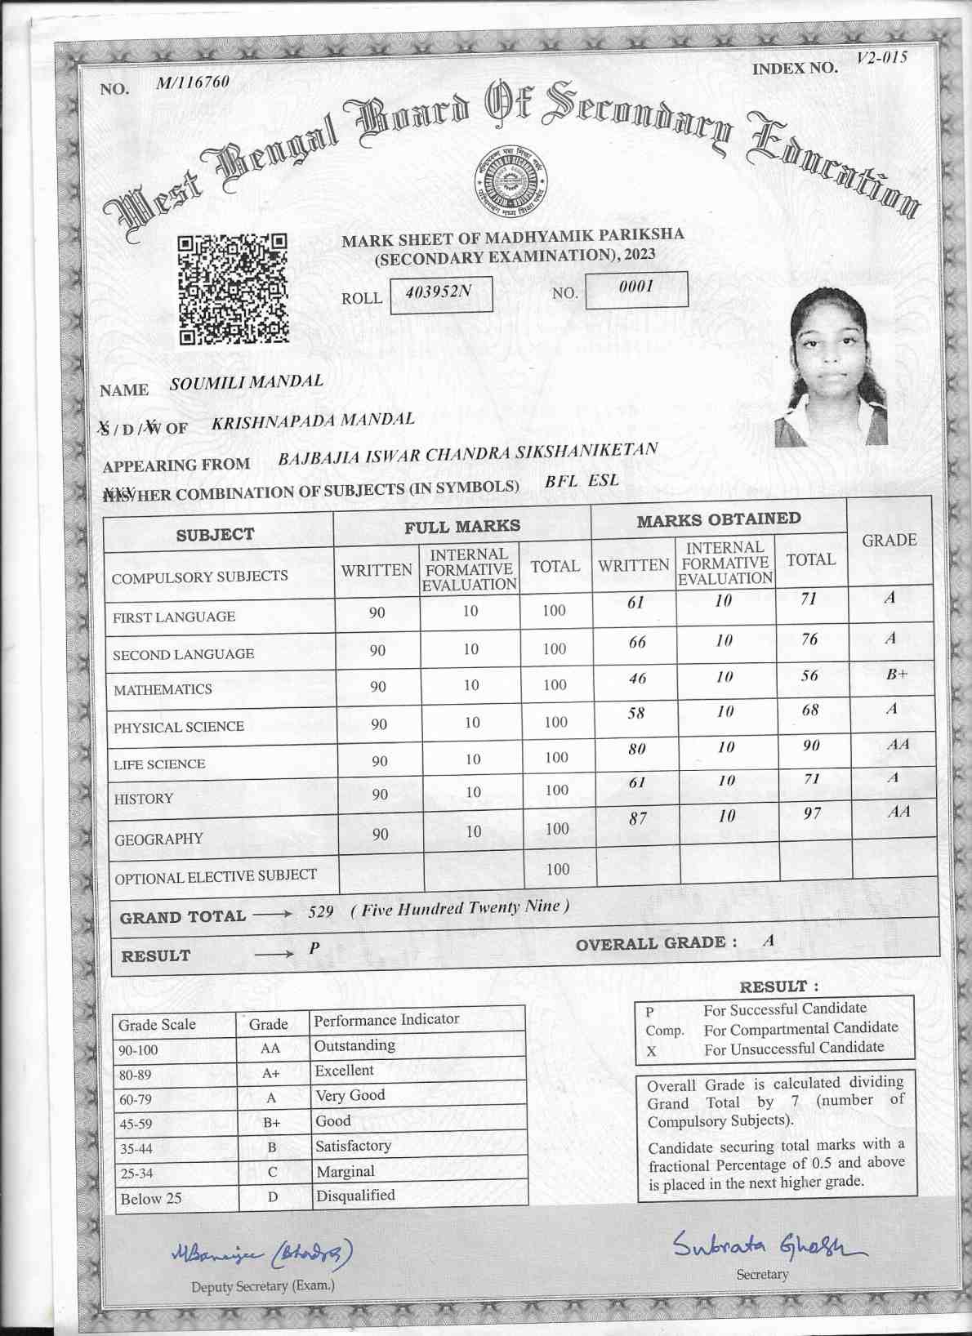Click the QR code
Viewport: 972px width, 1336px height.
pos(233,288)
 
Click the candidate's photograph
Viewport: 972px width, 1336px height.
pos(832,367)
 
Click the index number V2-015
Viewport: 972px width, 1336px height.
pos(881,58)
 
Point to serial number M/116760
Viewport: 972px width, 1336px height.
pos(193,82)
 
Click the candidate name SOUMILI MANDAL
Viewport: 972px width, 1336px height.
pos(247,382)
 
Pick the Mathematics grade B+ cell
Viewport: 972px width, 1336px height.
pos(896,675)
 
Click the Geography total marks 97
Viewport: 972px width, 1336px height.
pos(812,813)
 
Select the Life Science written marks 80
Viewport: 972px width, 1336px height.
pos(637,749)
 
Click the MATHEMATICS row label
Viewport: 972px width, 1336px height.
pos(163,690)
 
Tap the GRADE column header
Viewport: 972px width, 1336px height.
pos(890,541)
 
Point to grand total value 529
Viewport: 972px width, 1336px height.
pos(321,912)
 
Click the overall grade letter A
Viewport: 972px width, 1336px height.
pos(768,941)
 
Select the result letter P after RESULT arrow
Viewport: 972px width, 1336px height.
pos(314,948)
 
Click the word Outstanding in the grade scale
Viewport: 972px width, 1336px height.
pos(354,1045)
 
